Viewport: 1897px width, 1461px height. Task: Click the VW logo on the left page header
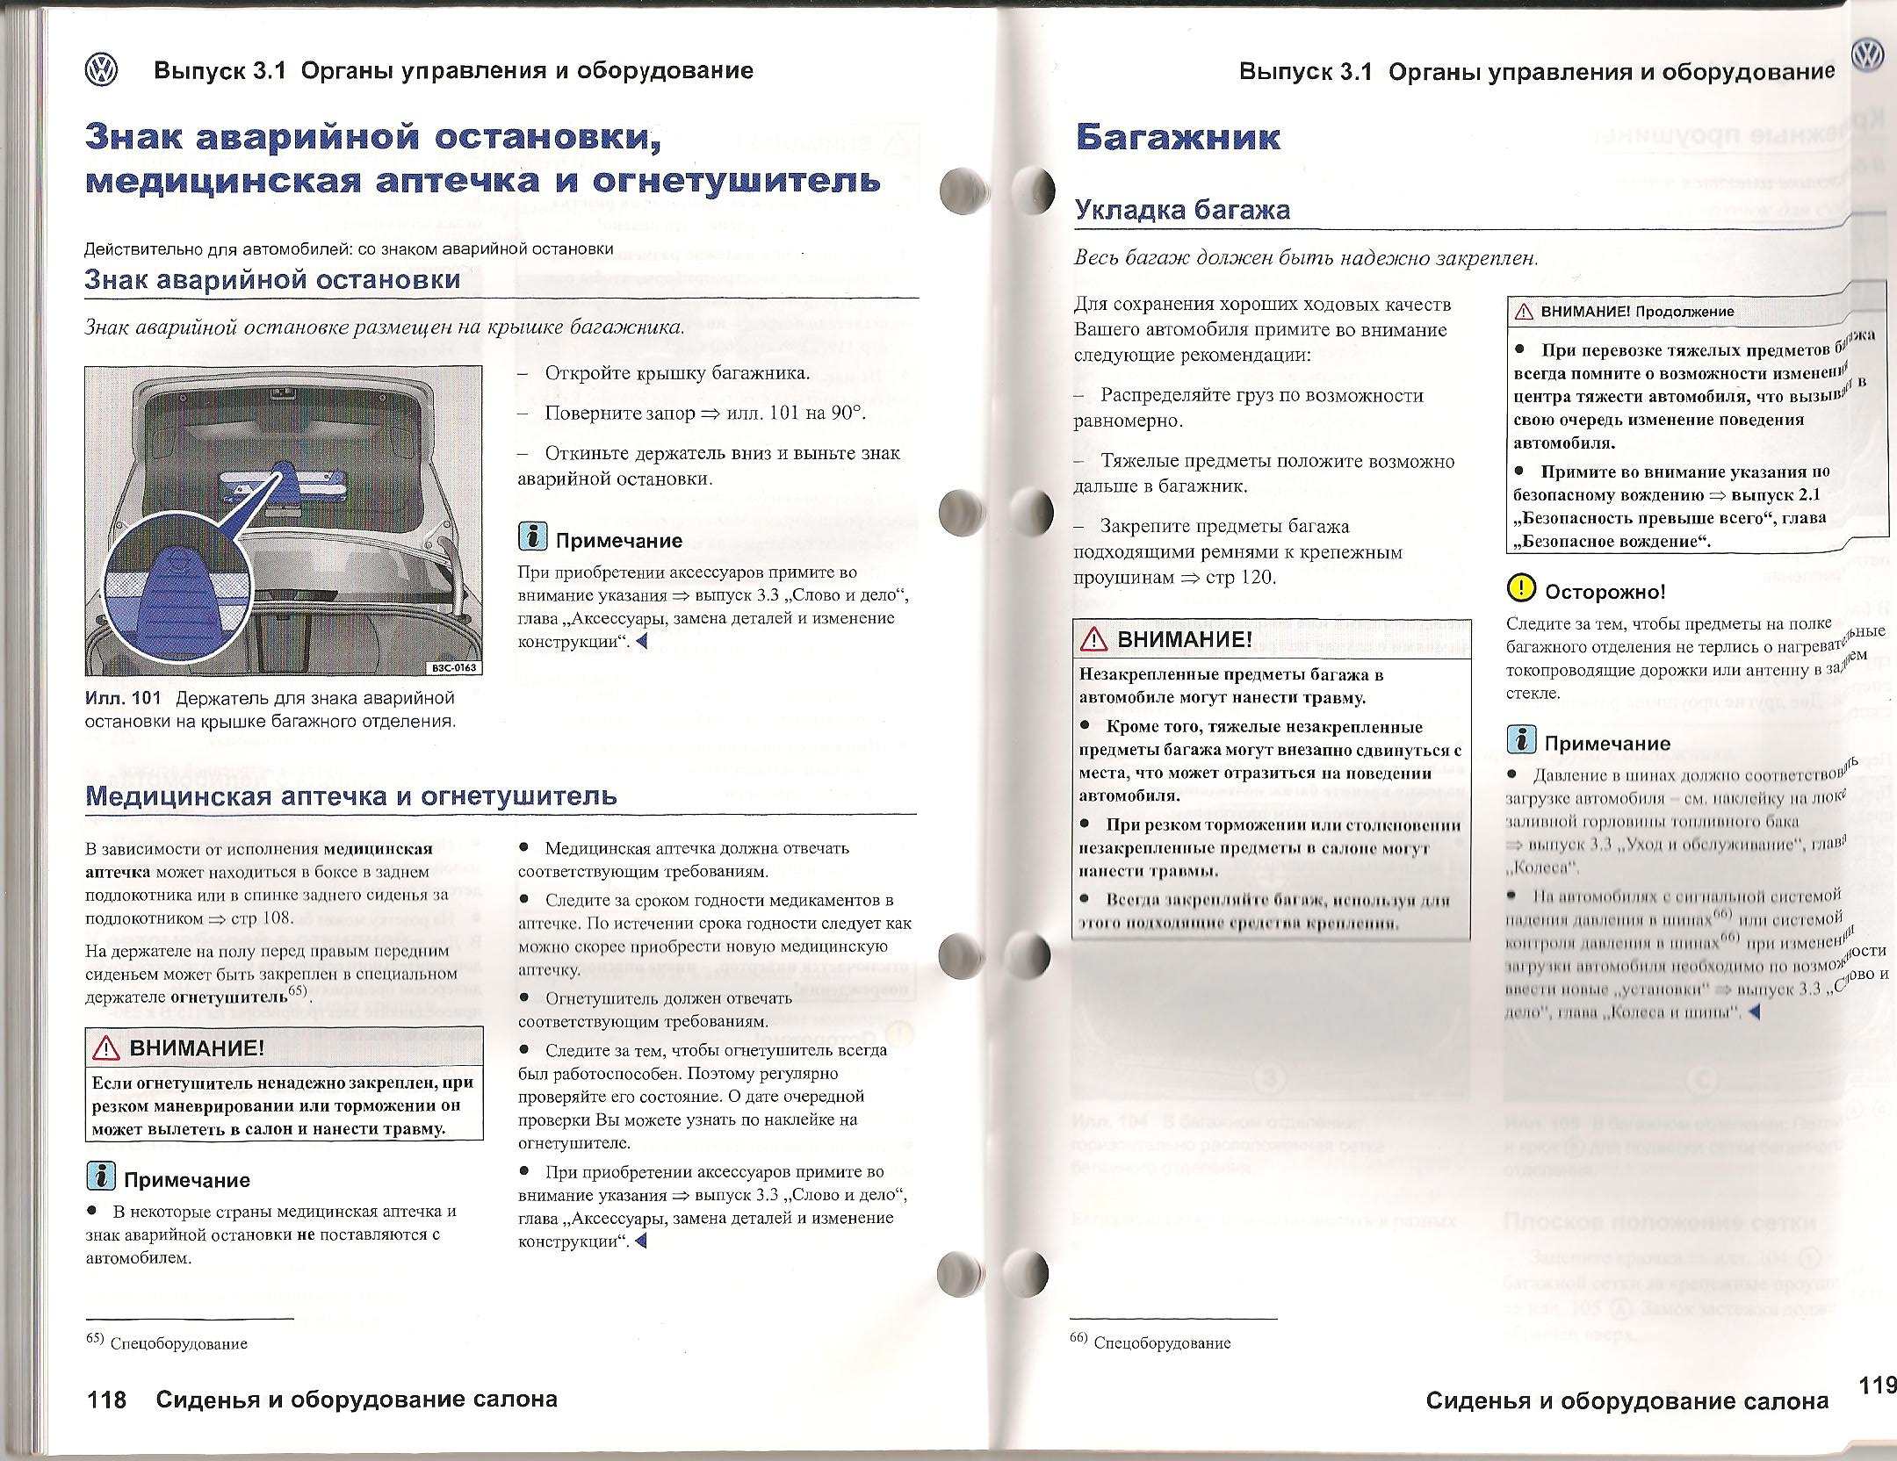coord(102,69)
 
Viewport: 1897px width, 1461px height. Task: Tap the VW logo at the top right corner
coord(1867,56)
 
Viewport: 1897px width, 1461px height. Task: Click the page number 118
coord(107,1399)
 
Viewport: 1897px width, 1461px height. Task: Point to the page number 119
coord(1877,1385)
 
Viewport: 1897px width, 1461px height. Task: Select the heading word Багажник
coord(1178,137)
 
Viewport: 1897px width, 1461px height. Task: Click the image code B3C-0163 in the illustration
coord(453,668)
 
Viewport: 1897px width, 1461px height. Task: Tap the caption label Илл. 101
coord(123,698)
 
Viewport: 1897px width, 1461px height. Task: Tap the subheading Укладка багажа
coord(1182,211)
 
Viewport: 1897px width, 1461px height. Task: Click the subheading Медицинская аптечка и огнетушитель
coord(350,796)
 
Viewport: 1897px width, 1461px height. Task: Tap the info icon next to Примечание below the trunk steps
coord(532,537)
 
